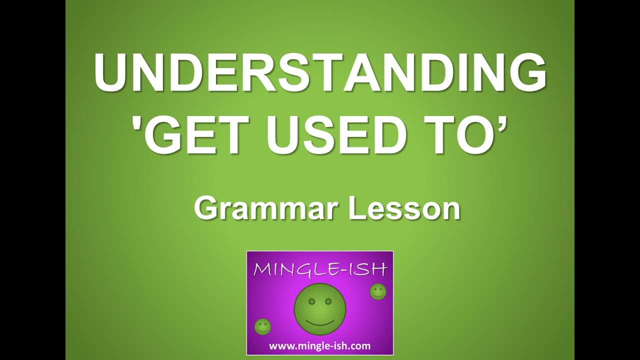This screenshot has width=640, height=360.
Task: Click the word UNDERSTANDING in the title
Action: [320, 74]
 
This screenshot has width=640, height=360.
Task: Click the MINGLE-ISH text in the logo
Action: [320, 269]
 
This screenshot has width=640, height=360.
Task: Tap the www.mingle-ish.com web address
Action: [320, 345]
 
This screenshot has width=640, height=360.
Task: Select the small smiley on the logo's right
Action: [378, 291]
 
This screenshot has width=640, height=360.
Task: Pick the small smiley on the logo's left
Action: [262, 327]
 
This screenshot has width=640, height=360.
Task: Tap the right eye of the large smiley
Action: [328, 301]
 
